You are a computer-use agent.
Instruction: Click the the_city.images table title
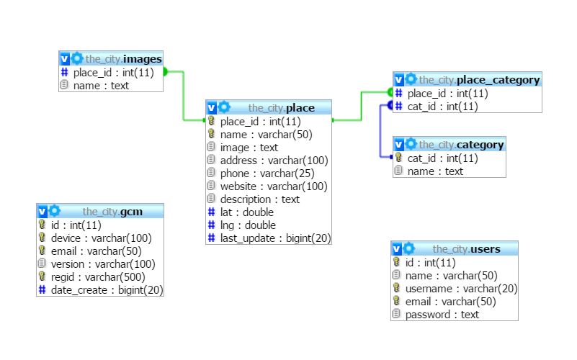tap(123, 58)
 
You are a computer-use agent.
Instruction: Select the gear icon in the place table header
tap(225, 107)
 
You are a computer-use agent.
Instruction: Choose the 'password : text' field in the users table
tap(442, 315)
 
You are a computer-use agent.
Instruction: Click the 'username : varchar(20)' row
tap(461, 289)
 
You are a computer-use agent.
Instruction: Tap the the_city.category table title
tap(461, 145)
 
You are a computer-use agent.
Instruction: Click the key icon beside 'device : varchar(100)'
tap(43, 238)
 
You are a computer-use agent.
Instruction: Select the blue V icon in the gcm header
tap(43, 212)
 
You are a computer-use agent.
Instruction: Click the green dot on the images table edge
tap(164, 71)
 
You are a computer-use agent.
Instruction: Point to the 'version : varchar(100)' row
tap(102, 264)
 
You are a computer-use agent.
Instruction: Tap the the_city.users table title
tap(465, 249)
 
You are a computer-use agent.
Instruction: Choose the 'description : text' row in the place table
tap(259, 199)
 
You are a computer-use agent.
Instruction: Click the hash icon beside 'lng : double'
tap(212, 225)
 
